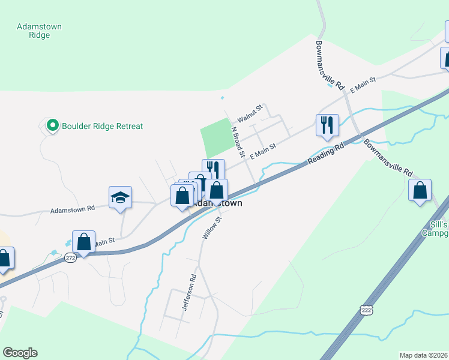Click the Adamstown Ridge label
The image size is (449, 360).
(x=40, y=31)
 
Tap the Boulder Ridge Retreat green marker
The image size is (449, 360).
(x=52, y=125)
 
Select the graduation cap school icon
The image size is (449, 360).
(x=120, y=197)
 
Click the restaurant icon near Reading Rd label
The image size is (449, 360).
(x=327, y=125)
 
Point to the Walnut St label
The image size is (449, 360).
(x=250, y=112)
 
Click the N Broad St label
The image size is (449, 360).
(x=238, y=142)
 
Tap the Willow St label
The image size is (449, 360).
(x=212, y=228)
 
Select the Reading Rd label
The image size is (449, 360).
(x=327, y=154)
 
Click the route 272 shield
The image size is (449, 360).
(x=70, y=257)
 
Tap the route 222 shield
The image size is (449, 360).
(x=367, y=309)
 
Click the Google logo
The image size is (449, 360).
(x=20, y=352)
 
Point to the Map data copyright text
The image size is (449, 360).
(x=423, y=355)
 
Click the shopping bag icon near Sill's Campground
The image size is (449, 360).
(x=420, y=190)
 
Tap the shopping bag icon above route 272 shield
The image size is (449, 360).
(x=84, y=242)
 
